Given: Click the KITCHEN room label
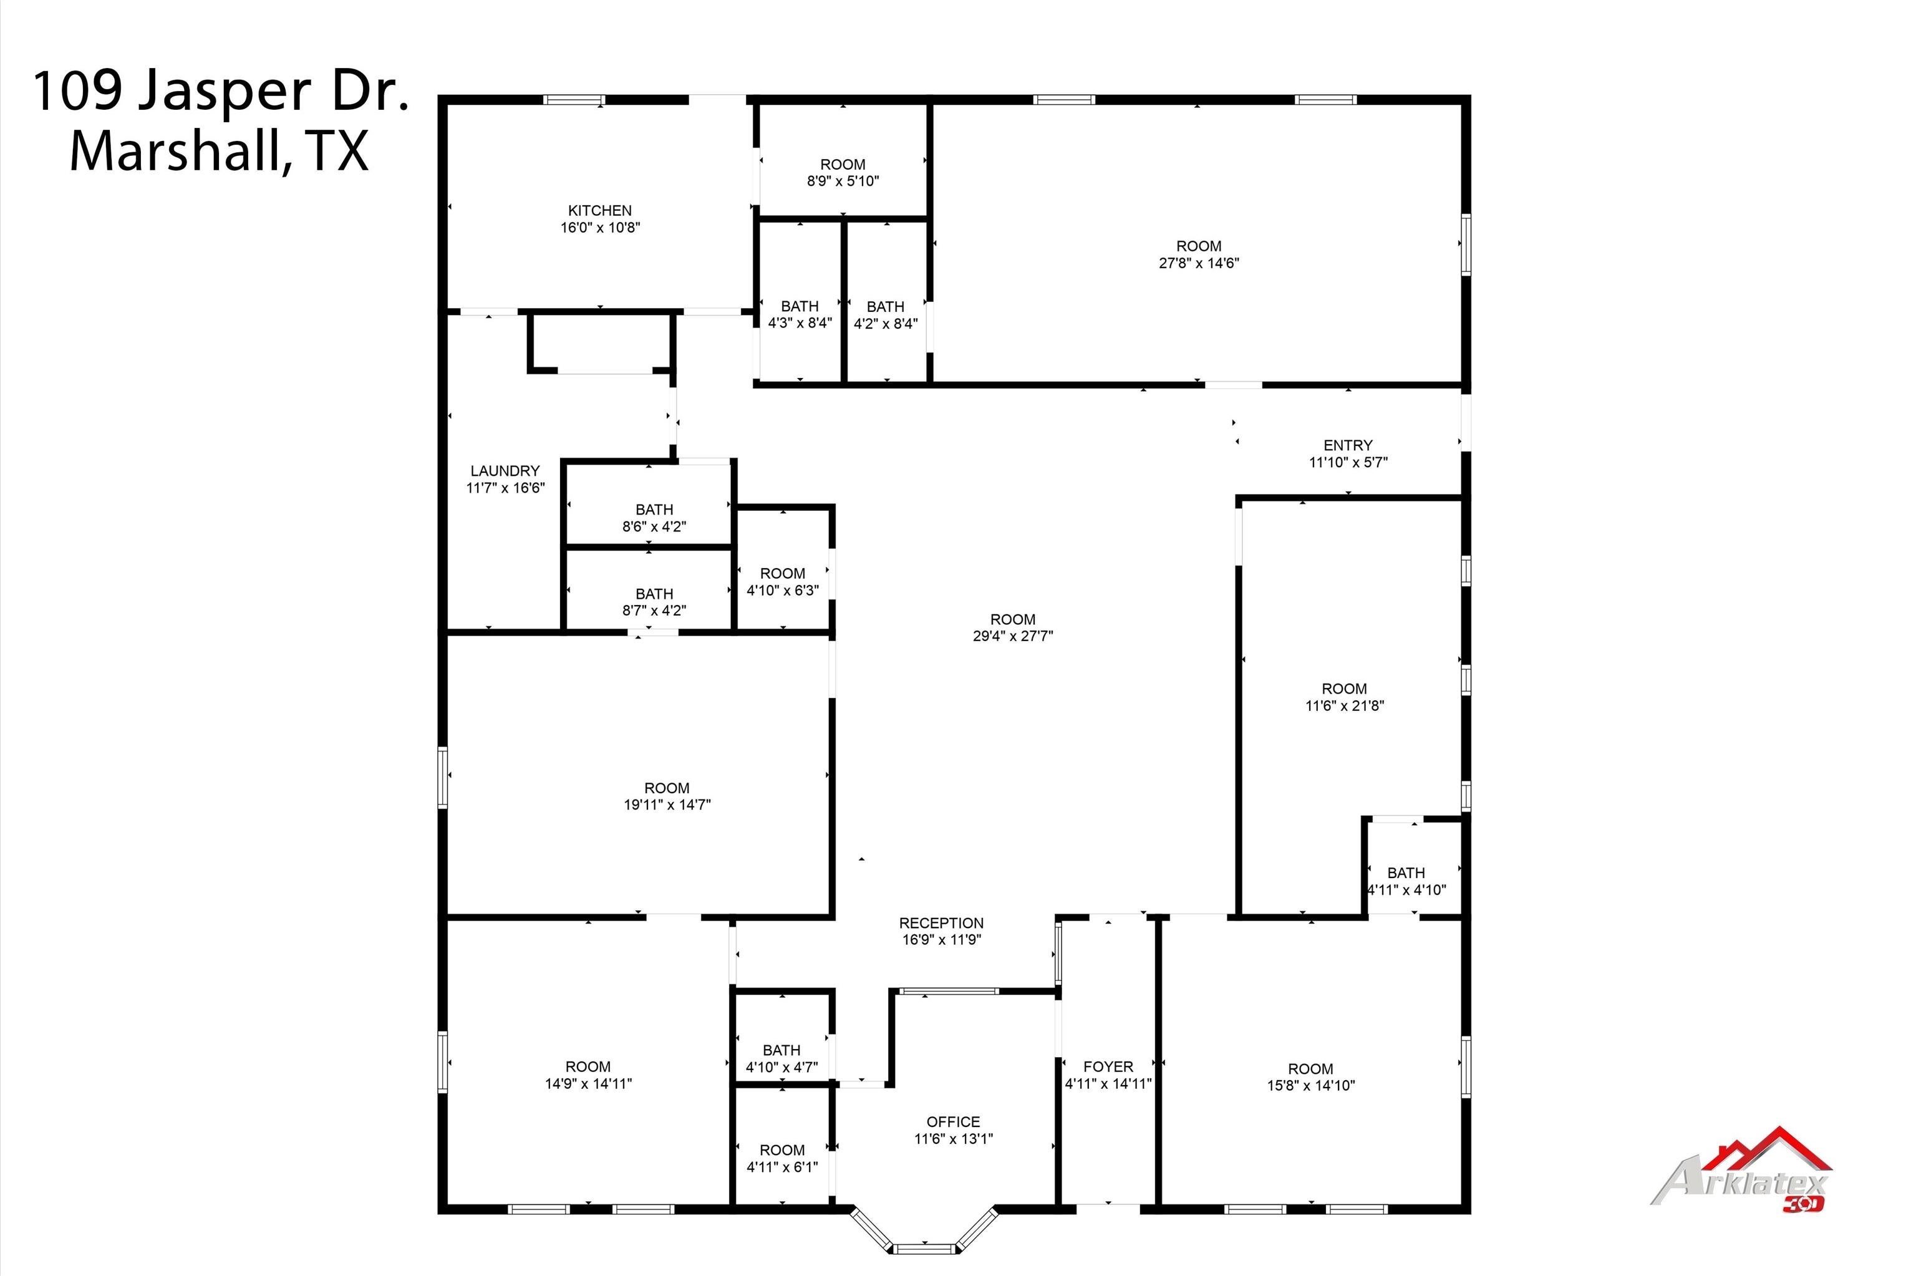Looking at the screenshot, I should pos(599,211).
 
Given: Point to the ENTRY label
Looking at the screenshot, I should pos(1347,445).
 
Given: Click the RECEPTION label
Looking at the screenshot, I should pos(941,923).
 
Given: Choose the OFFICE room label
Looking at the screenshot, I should pos(953,1121).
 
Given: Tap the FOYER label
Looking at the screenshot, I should pos(1107,1066).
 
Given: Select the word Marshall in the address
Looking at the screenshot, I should pos(175,152).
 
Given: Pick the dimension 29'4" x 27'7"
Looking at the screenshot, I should pos(1012,636).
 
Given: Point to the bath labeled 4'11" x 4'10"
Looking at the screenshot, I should pos(1405,881).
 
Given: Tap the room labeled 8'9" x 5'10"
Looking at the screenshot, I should pos(842,173).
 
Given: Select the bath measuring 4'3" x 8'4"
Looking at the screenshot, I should pos(799,315).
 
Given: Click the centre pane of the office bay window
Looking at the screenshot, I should pos(924,1247).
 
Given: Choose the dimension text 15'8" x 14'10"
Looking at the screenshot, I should pos(1310,1086).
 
